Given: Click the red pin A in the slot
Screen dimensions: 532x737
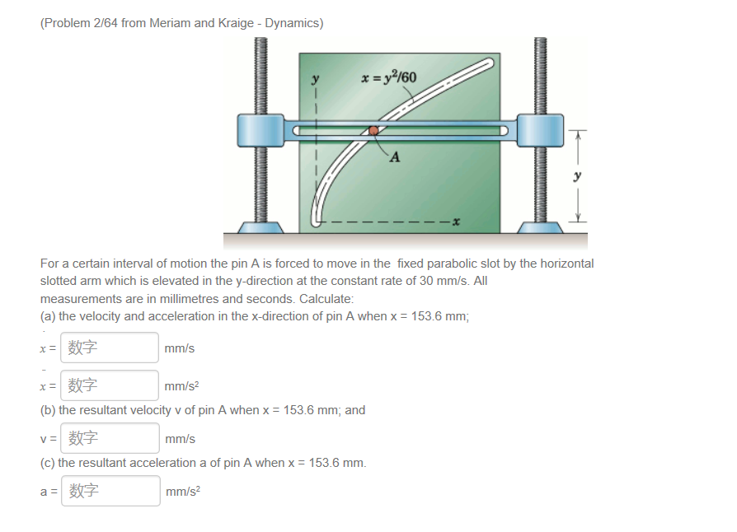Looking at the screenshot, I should [x=373, y=130].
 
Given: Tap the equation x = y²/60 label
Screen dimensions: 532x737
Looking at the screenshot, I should [x=388, y=78].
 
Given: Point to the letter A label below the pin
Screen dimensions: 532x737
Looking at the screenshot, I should [x=395, y=157].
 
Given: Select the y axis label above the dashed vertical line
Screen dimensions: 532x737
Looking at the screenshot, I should [x=314, y=80].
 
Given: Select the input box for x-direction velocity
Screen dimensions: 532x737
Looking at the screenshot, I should [x=110, y=348].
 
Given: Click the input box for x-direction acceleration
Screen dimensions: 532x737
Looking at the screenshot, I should [x=110, y=385].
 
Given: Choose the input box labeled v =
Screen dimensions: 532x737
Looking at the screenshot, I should [x=110, y=438].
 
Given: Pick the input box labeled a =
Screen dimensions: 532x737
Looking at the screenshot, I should [x=110, y=491].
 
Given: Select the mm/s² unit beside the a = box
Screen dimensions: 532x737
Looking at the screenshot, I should [x=183, y=491].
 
